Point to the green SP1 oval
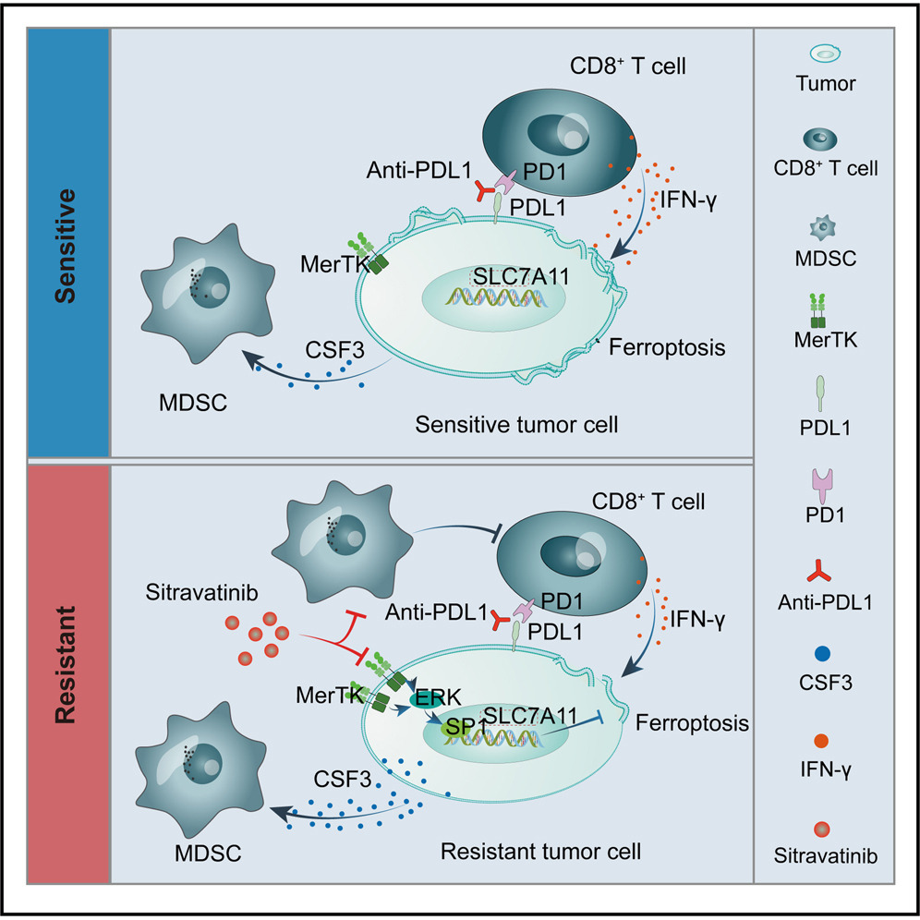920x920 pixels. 452,727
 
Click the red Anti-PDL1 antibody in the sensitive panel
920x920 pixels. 484,190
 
